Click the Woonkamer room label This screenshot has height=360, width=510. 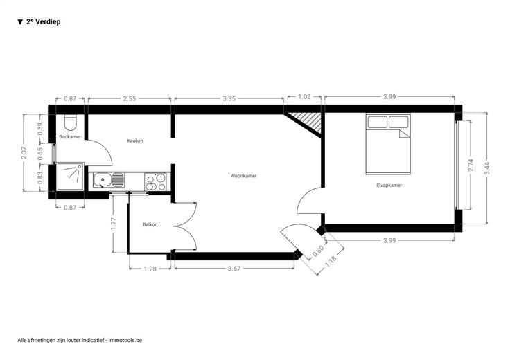(243, 176)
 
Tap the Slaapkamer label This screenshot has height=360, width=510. (389, 186)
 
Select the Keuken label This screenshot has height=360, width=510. (135, 141)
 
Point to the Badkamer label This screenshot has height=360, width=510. (70, 137)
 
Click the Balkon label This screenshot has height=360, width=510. (150, 224)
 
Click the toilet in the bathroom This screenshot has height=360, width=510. (70, 122)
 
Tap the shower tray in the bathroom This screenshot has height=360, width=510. (70, 177)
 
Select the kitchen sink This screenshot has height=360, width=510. (109, 180)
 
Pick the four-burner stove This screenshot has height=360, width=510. (155, 181)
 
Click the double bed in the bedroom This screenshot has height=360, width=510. (388, 144)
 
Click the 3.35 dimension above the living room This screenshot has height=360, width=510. (229, 98)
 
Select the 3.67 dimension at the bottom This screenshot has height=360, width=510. (234, 269)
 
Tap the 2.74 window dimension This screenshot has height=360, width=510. (471, 165)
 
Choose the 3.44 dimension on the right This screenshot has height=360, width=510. (487, 168)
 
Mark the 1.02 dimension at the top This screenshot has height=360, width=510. (304, 96)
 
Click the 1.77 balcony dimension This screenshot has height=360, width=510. (113, 224)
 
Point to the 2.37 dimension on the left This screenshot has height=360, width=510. (24, 153)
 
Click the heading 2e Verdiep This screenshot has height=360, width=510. (43, 21)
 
